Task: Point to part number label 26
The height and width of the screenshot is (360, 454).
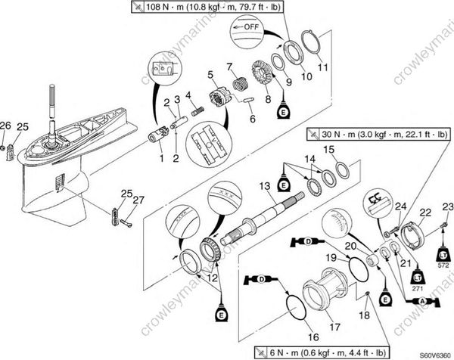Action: [x=5, y=125]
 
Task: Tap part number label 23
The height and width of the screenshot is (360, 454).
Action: [x=448, y=206]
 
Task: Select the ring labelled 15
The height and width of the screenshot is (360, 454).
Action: [x=341, y=167]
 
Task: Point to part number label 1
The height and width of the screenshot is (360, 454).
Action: [x=160, y=158]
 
